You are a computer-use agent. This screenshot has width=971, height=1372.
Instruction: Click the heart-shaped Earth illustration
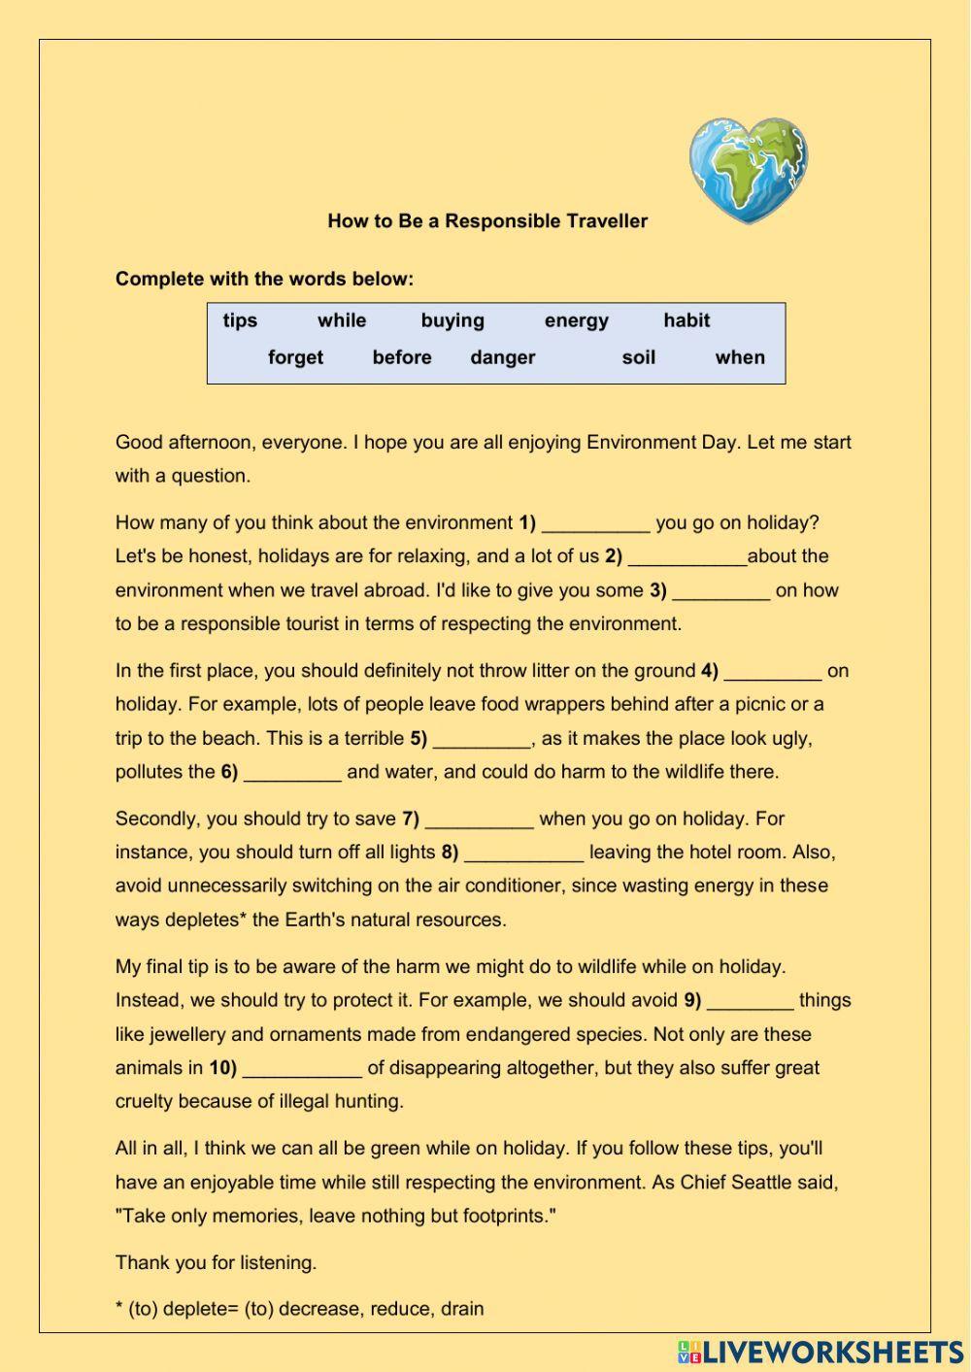tap(749, 170)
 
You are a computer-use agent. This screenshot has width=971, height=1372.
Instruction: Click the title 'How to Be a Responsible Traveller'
tap(487, 220)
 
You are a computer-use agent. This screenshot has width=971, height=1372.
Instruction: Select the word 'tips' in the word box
tap(240, 320)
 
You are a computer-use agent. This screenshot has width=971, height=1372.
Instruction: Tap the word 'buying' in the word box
tap(452, 320)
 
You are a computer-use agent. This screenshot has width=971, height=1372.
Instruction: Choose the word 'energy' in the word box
tap(576, 320)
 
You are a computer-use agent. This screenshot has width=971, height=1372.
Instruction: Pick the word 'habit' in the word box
tap(686, 320)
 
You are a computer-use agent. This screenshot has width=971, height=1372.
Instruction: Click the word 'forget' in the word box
tap(295, 357)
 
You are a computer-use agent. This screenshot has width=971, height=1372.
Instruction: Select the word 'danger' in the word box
tap(502, 357)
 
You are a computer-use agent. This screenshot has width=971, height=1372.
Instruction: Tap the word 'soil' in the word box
tap(638, 357)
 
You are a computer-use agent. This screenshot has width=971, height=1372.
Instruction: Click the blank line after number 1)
tap(595, 525)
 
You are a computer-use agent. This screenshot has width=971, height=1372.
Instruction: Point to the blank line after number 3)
tap(720, 592)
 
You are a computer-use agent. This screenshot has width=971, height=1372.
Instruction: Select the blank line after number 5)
tap(482, 741)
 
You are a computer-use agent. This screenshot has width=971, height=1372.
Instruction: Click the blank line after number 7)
tap(479, 821)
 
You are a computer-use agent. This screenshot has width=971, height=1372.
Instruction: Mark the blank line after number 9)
tap(750, 1003)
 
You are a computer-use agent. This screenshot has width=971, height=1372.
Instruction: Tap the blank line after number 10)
tap(302, 1070)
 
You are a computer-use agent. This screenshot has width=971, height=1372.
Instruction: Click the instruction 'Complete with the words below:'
tap(264, 279)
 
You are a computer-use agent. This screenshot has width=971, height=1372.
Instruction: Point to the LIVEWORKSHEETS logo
tap(820, 1352)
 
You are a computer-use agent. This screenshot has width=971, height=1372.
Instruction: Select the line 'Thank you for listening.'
tap(216, 1262)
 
